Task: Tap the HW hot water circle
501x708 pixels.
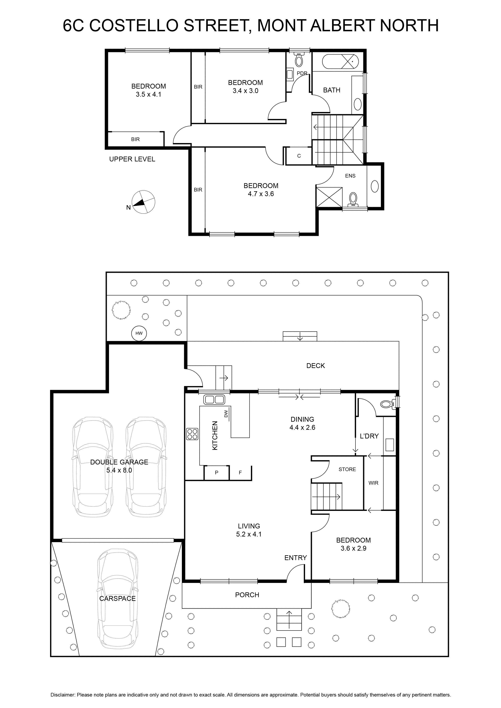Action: (139, 333)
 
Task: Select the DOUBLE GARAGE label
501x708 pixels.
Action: (119, 462)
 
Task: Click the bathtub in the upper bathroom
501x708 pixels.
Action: (341, 62)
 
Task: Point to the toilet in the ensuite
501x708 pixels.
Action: (353, 200)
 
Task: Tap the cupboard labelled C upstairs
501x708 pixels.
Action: (299, 156)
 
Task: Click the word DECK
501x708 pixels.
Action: (315, 366)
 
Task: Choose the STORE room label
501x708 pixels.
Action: (347, 469)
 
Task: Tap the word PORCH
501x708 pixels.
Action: (247, 595)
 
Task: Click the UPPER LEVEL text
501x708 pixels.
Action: (132, 159)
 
